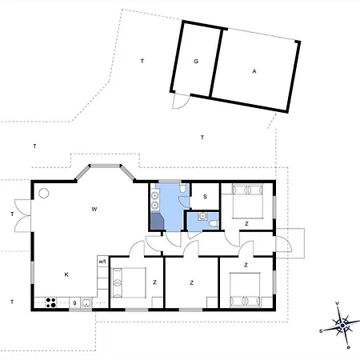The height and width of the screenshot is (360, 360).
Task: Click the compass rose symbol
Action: click(x=342, y=326)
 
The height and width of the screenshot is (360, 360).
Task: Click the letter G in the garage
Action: click(x=196, y=62)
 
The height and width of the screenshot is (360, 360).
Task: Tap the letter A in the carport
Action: click(x=254, y=71)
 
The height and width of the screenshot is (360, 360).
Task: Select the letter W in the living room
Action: click(x=94, y=209)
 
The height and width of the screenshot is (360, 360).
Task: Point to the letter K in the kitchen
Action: click(x=66, y=274)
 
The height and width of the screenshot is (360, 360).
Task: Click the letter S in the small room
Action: click(x=205, y=197)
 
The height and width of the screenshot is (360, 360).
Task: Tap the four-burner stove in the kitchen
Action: click(x=51, y=302)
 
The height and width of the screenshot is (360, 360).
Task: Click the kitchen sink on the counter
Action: click(x=86, y=302)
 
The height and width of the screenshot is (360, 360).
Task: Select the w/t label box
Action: click(x=102, y=262)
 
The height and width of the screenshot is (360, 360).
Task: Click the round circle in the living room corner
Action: click(x=44, y=193)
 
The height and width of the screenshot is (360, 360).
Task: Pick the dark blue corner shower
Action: click(x=158, y=221)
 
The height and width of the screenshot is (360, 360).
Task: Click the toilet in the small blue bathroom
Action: click(x=214, y=223)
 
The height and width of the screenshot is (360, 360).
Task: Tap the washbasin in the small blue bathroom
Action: click(x=203, y=216)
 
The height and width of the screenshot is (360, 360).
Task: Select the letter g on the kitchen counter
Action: click(x=74, y=302)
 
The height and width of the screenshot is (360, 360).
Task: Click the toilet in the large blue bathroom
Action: click(x=182, y=188)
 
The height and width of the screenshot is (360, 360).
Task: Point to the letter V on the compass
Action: click(x=338, y=303)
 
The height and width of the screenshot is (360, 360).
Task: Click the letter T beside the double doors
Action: click(x=12, y=214)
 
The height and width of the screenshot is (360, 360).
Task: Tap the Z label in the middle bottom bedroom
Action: click(x=191, y=282)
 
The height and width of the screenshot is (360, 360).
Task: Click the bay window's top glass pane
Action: click(x=105, y=166)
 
